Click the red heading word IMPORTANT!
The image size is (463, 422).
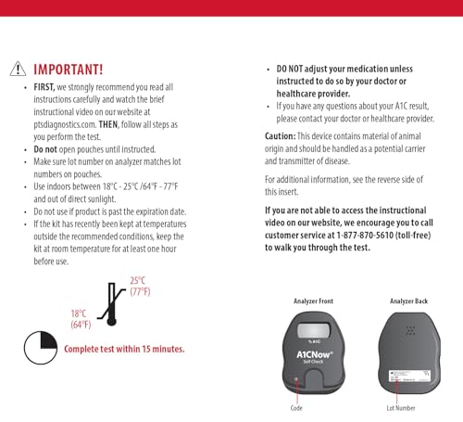69,69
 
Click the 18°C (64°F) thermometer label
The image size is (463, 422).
81,319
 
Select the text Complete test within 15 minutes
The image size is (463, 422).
123,350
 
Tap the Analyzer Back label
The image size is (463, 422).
409,301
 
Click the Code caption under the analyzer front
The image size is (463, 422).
295,408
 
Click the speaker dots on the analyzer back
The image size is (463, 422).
409,328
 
